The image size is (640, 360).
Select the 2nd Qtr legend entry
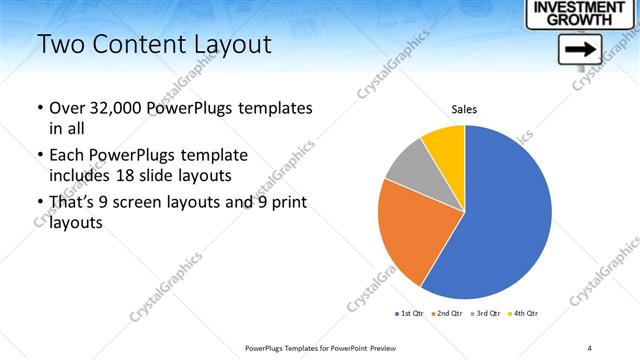[x=446, y=314]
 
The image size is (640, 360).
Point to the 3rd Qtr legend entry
[x=485, y=314]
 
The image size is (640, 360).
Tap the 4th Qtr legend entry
[x=523, y=314]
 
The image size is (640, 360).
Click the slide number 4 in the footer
[x=589, y=347]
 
